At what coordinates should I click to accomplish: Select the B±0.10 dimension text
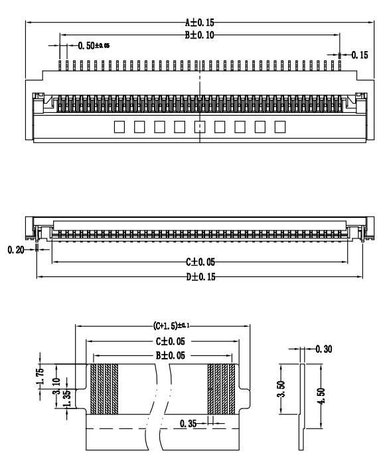(x=199, y=35)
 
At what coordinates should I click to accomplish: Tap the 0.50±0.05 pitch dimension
(x=94, y=46)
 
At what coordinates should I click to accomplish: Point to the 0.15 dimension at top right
(x=359, y=55)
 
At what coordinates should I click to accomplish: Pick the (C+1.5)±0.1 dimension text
(x=162, y=326)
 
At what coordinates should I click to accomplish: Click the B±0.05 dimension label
(x=162, y=355)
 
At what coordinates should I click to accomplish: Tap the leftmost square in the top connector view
(x=119, y=126)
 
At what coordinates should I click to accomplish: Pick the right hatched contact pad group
(x=222, y=389)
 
